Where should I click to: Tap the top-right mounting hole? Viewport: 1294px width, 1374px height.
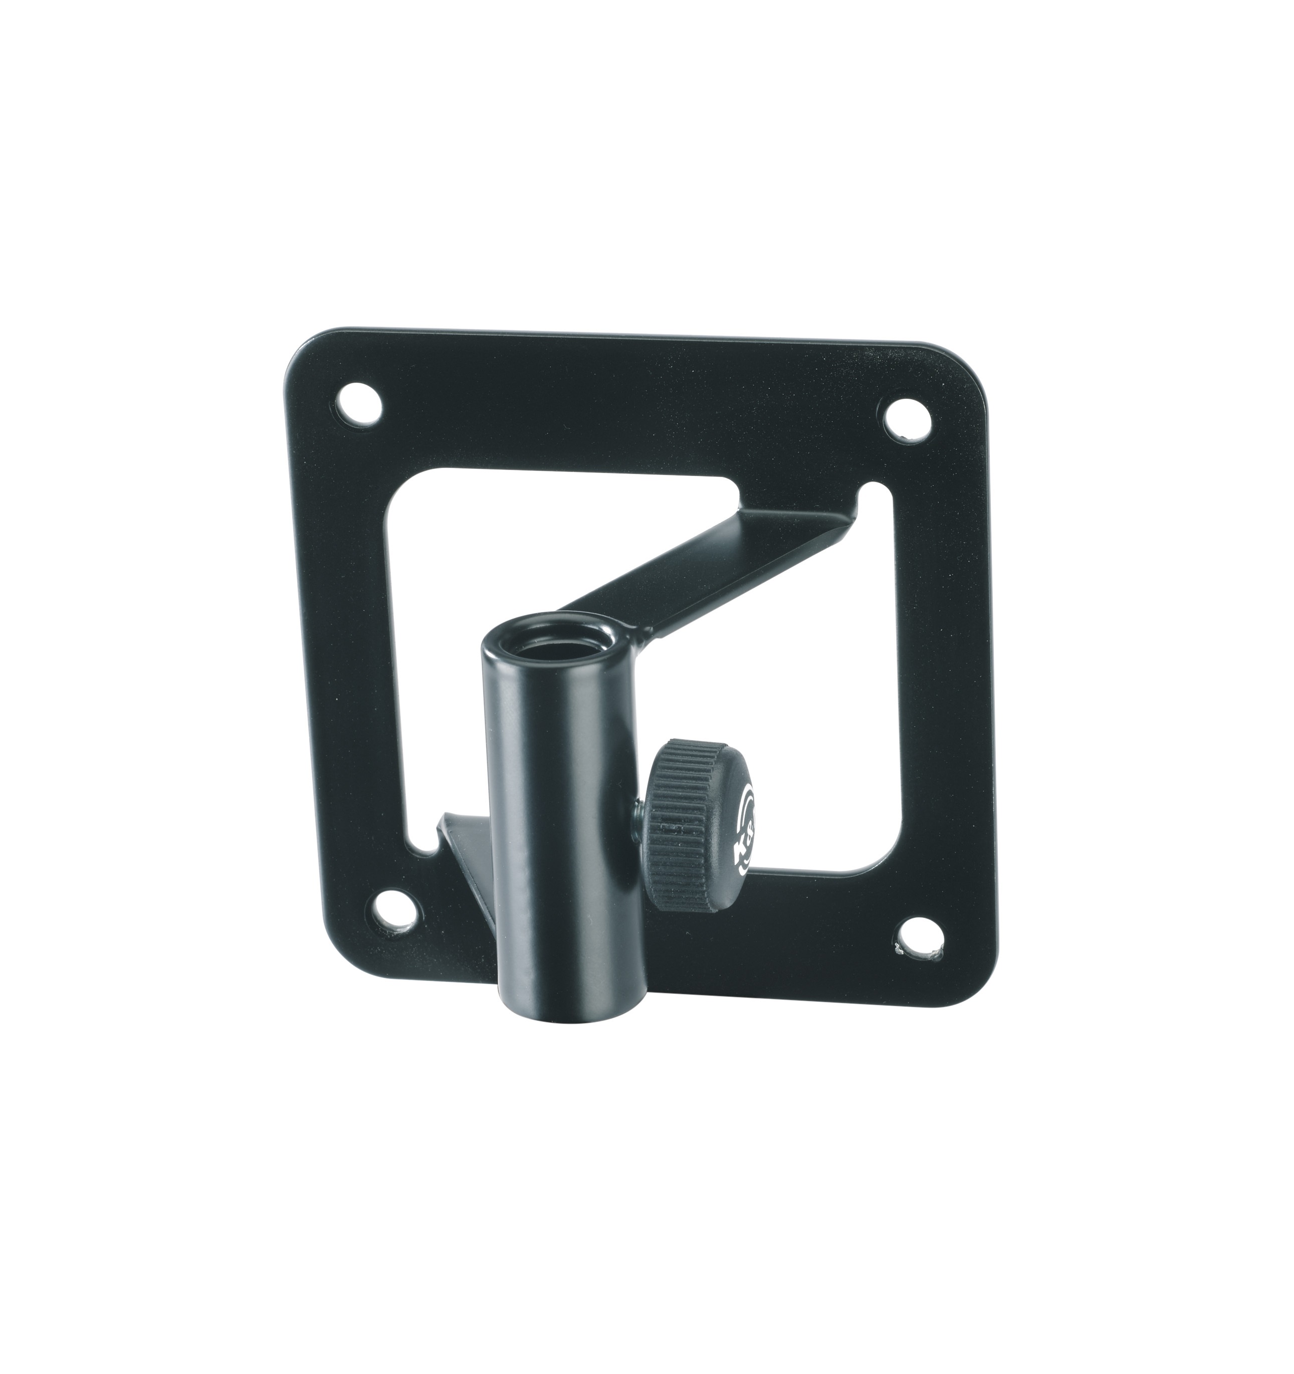click(908, 419)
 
